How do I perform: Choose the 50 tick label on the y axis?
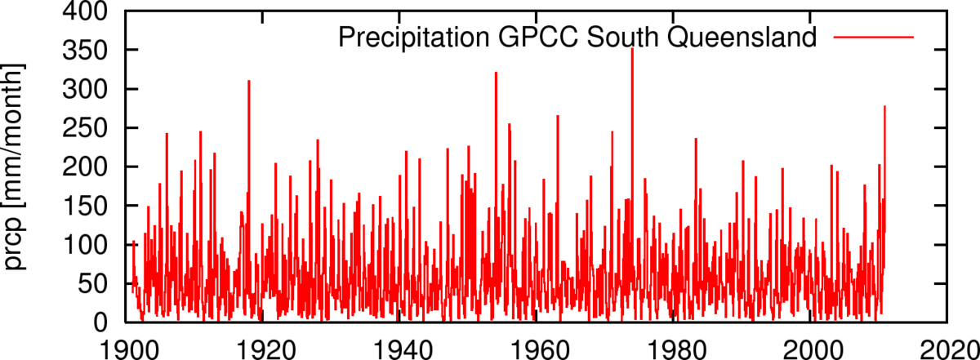coord(92,284)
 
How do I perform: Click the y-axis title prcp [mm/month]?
coord(17,167)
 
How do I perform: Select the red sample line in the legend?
coord(873,38)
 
